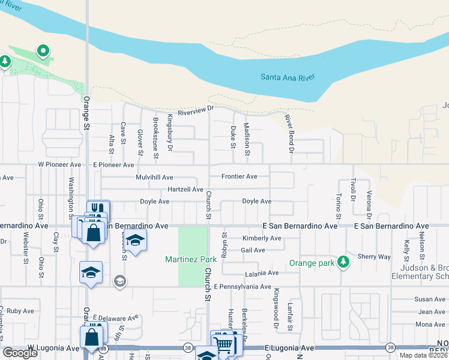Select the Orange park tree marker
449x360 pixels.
tap(343, 262)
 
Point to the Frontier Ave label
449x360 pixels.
tap(239, 176)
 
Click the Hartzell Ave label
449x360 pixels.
tap(185, 189)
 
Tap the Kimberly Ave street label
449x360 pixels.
tap(262, 238)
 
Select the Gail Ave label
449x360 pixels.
tap(253, 250)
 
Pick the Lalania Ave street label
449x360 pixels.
tap(261, 273)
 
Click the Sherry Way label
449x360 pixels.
tap(375, 256)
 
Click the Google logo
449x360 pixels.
tap(20, 353)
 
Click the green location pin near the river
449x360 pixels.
tap(43, 51)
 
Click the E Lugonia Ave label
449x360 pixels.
tap(289, 348)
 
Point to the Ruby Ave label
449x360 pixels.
tap(20, 311)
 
